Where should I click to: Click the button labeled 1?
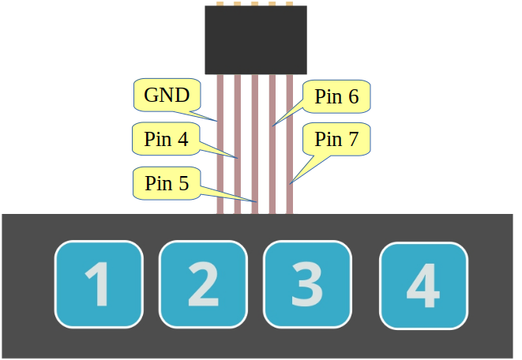tap(99, 284)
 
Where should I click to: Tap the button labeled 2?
tap(203, 284)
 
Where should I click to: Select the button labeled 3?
tap(307, 284)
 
